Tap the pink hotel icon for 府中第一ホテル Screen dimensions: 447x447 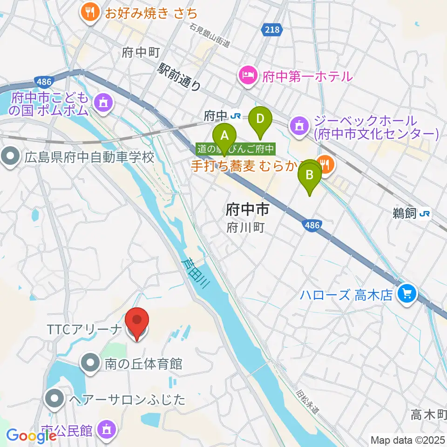tap(248, 75)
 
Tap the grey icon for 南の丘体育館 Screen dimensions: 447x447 tap(89, 363)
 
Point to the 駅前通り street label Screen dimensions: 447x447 tap(179, 77)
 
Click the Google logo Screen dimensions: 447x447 tap(32, 436)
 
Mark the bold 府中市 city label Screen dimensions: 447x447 tap(247, 210)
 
